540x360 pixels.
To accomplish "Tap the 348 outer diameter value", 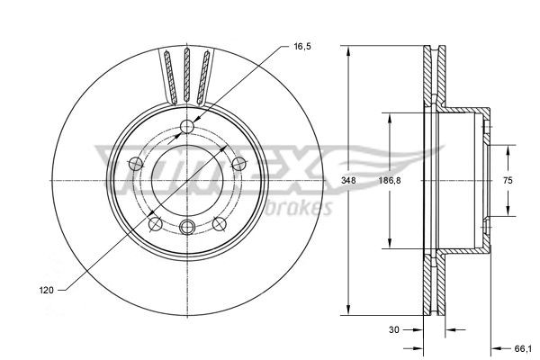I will (360, 181).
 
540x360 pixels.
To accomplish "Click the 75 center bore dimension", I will (507, 181).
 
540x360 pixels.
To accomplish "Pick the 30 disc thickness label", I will (394, 329).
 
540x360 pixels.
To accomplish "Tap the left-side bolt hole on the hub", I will (135, 163).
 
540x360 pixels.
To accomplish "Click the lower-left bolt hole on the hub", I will (155, 222).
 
